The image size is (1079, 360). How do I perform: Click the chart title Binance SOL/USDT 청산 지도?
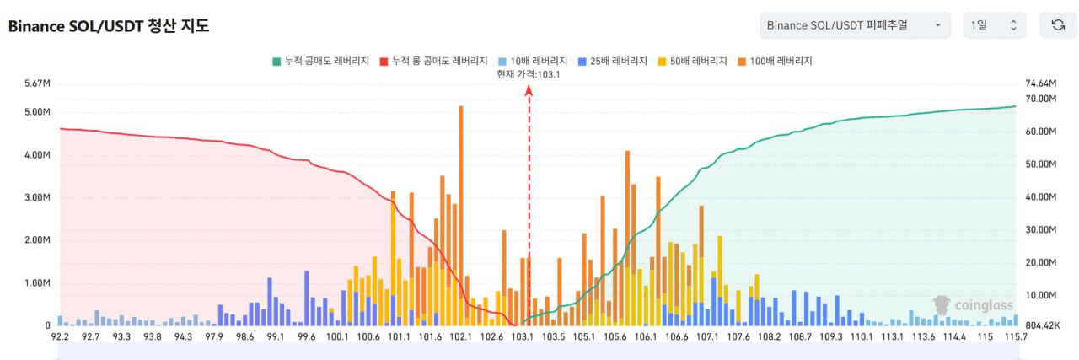pyautogui.click(x=109, y=25)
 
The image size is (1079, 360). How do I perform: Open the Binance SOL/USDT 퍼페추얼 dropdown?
pyautogui.click(x=855, y=25)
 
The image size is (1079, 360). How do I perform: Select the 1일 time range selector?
pyautogui.click(x=995, y=25)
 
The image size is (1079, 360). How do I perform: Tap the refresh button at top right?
pyautogui.click(x=1057, y=25)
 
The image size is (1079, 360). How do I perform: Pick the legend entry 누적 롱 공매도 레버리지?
pyautogui.click(x=433, y=61)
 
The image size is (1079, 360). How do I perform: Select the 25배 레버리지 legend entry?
pyautogui.click(x=612, y=61)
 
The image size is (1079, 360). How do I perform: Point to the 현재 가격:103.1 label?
pyautogui.click(x=529, y=74)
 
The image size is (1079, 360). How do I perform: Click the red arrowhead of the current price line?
pyautogui.click(x=529, y=89)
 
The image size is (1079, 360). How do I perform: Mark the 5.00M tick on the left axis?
pyautogui.click(x=36, y=112)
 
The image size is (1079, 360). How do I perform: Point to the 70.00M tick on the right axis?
pyautogui.click(x=1039, y=99)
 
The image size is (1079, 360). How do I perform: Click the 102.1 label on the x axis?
pyautogui.click(x=461, y=337)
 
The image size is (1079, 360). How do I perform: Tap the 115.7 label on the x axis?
pyautogui.click(x=1016, y=337)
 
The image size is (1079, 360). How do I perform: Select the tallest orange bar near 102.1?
pyautogui.click(x=461, y=211)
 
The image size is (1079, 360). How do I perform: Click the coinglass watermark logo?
pyautogui.click(x=973, y=304)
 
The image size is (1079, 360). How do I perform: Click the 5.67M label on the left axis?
pyautogui.click(x=36, y=83)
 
